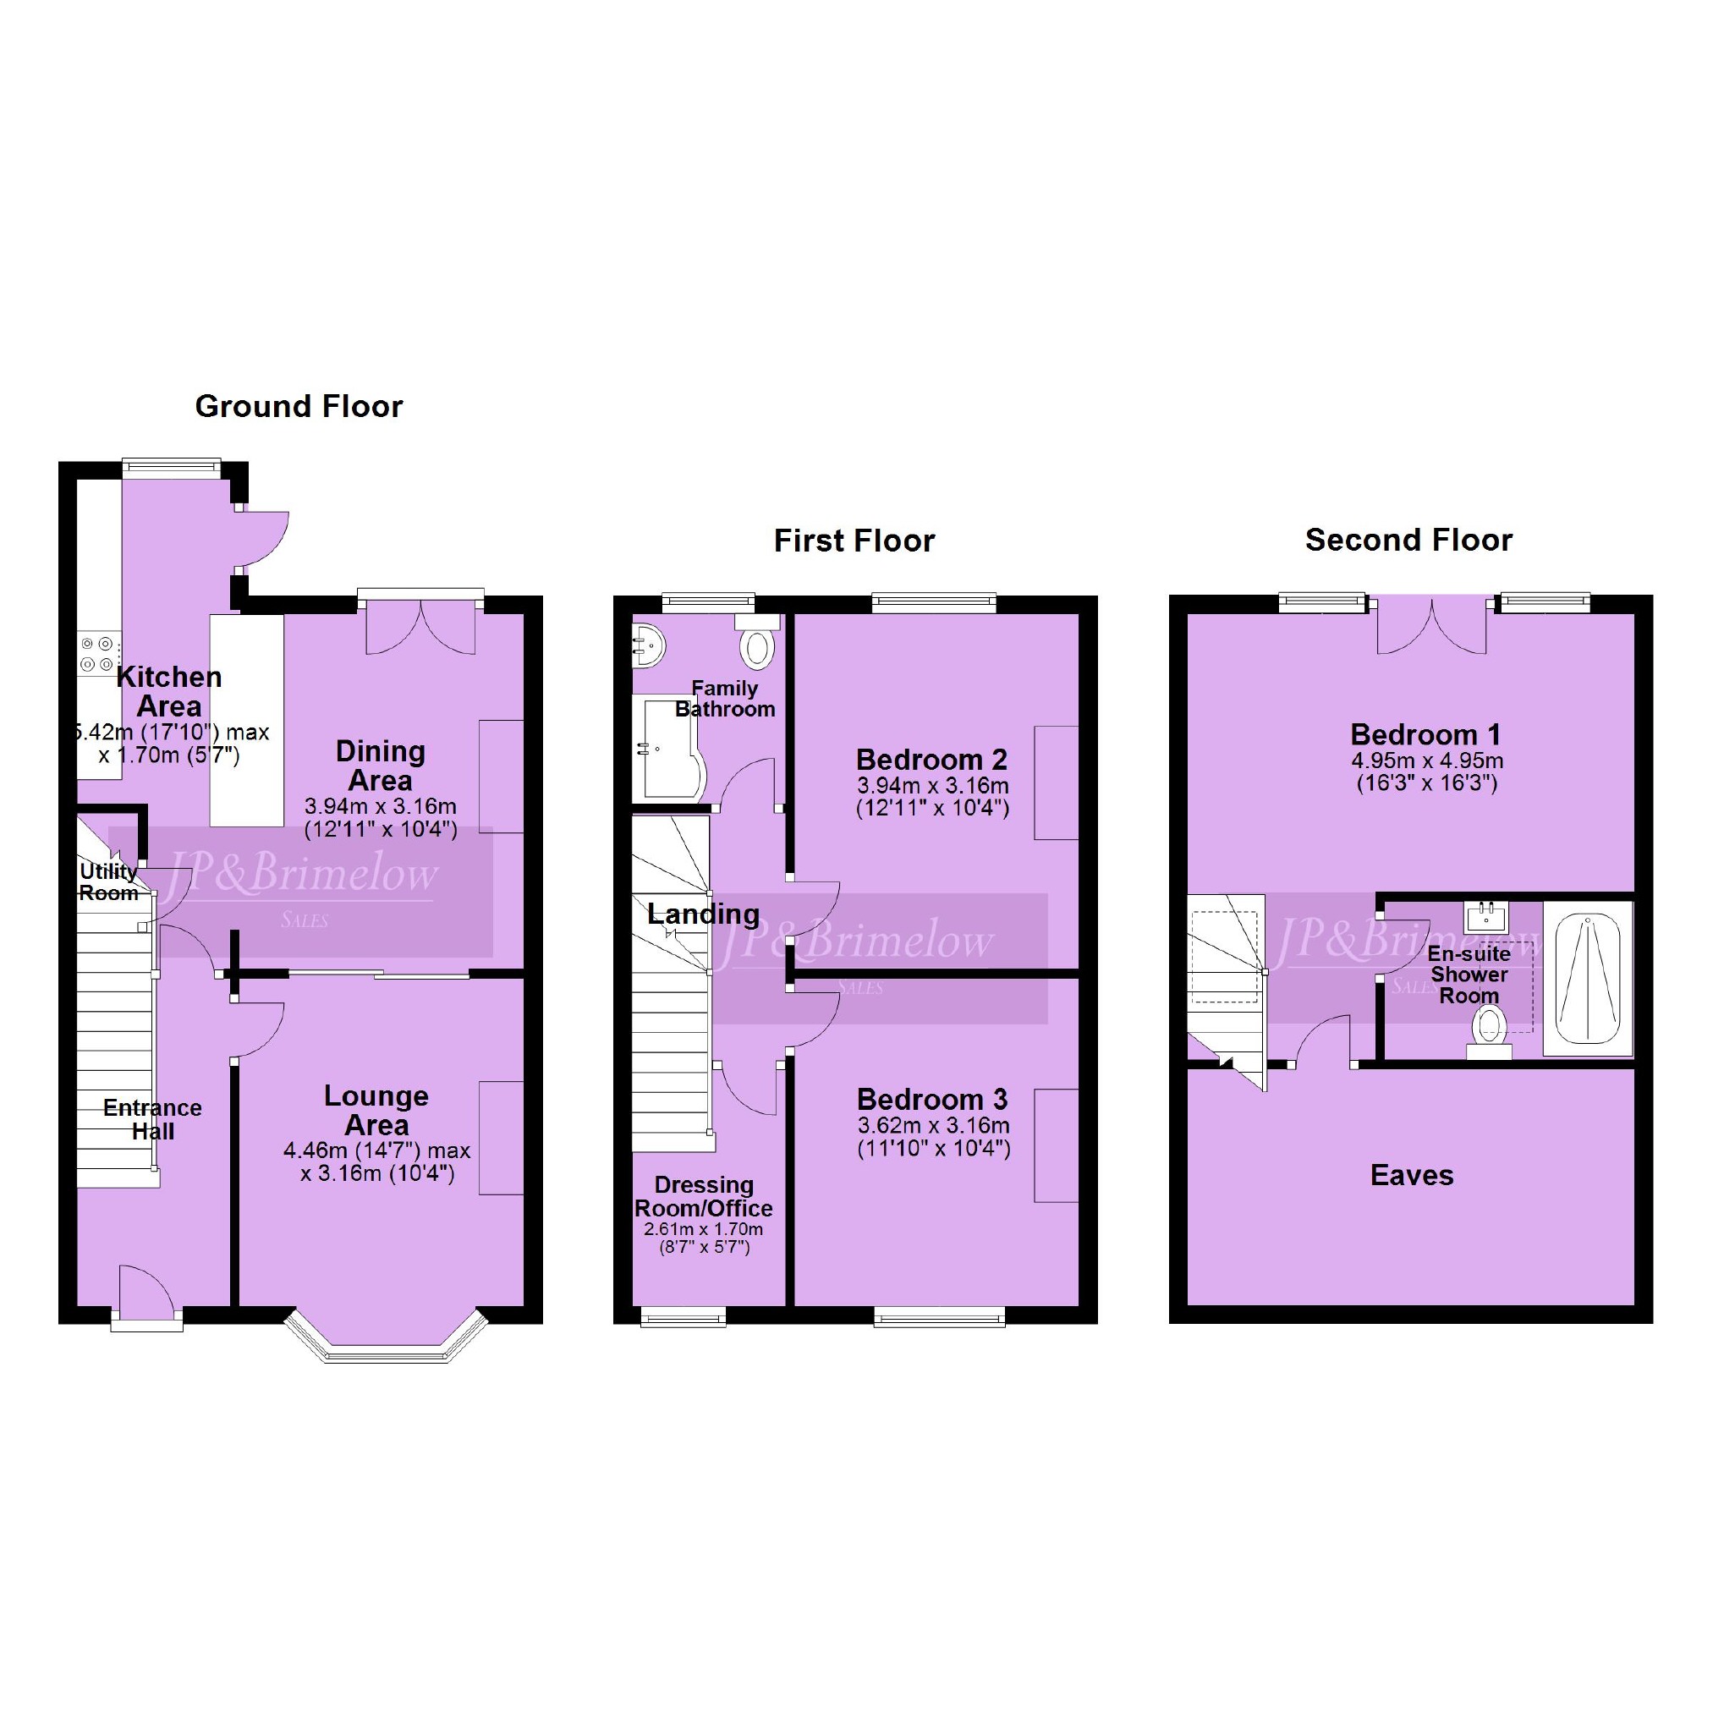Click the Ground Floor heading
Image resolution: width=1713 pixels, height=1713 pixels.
pyautogui.click(x=299, y=407)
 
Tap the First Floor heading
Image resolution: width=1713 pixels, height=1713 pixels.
pyautogui.click(x=854, y=541)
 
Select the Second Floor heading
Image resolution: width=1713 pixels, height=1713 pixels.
pyautogui.click(x=1408, y=540)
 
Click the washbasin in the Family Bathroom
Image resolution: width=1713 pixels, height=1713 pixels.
pyautogui.click(x=647, y=646)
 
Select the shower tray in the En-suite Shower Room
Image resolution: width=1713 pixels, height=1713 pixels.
pyautogui.click(x=1588, y=979)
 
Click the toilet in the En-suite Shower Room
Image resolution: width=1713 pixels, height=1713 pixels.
pyautogui.click(x=1490, y=1034)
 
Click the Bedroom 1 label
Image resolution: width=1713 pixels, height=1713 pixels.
pyautogui.click(x=1425, y=735)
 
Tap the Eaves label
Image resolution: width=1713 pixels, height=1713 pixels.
pyautogui.click(x=1412, y=1176)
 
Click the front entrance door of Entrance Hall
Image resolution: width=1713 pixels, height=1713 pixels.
pyautogui.click(x=147, y=1295)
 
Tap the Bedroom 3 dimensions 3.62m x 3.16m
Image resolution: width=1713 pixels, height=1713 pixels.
pyautogui.click(x=933, y=1126)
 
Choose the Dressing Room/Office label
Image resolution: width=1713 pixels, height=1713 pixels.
pyautogui.click(x=704, y=1197)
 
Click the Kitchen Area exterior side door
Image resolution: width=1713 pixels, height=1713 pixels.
pyautogui.click(x=262, y=539)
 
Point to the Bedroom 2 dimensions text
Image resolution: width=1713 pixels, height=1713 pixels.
pyautogui.click(x=933, y=796)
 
